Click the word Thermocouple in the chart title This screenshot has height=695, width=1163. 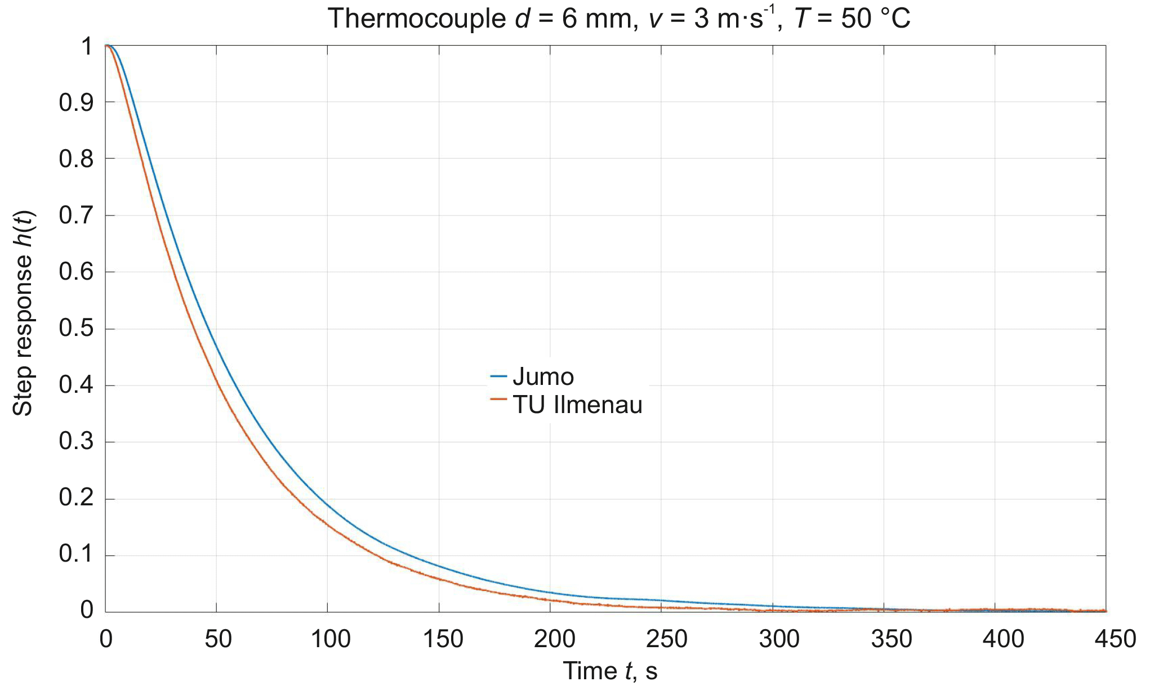click(417, 19)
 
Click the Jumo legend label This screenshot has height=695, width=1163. click(543, 376)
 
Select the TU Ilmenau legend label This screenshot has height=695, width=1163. click(577, 405)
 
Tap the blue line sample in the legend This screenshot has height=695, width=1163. click(498, 375)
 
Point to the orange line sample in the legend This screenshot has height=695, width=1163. click(498, 399)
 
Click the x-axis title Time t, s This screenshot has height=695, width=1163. click(610, 671)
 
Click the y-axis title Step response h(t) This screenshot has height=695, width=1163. click(24, 313)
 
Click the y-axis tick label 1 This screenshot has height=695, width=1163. click(87, 46)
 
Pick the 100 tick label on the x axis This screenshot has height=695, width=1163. click(330, 639)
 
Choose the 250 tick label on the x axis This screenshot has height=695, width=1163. click(666, 639)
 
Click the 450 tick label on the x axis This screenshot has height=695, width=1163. click(1115, 639)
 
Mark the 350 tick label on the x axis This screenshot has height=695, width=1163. click(891, 639)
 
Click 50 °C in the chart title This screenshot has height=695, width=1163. click(876, 19)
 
